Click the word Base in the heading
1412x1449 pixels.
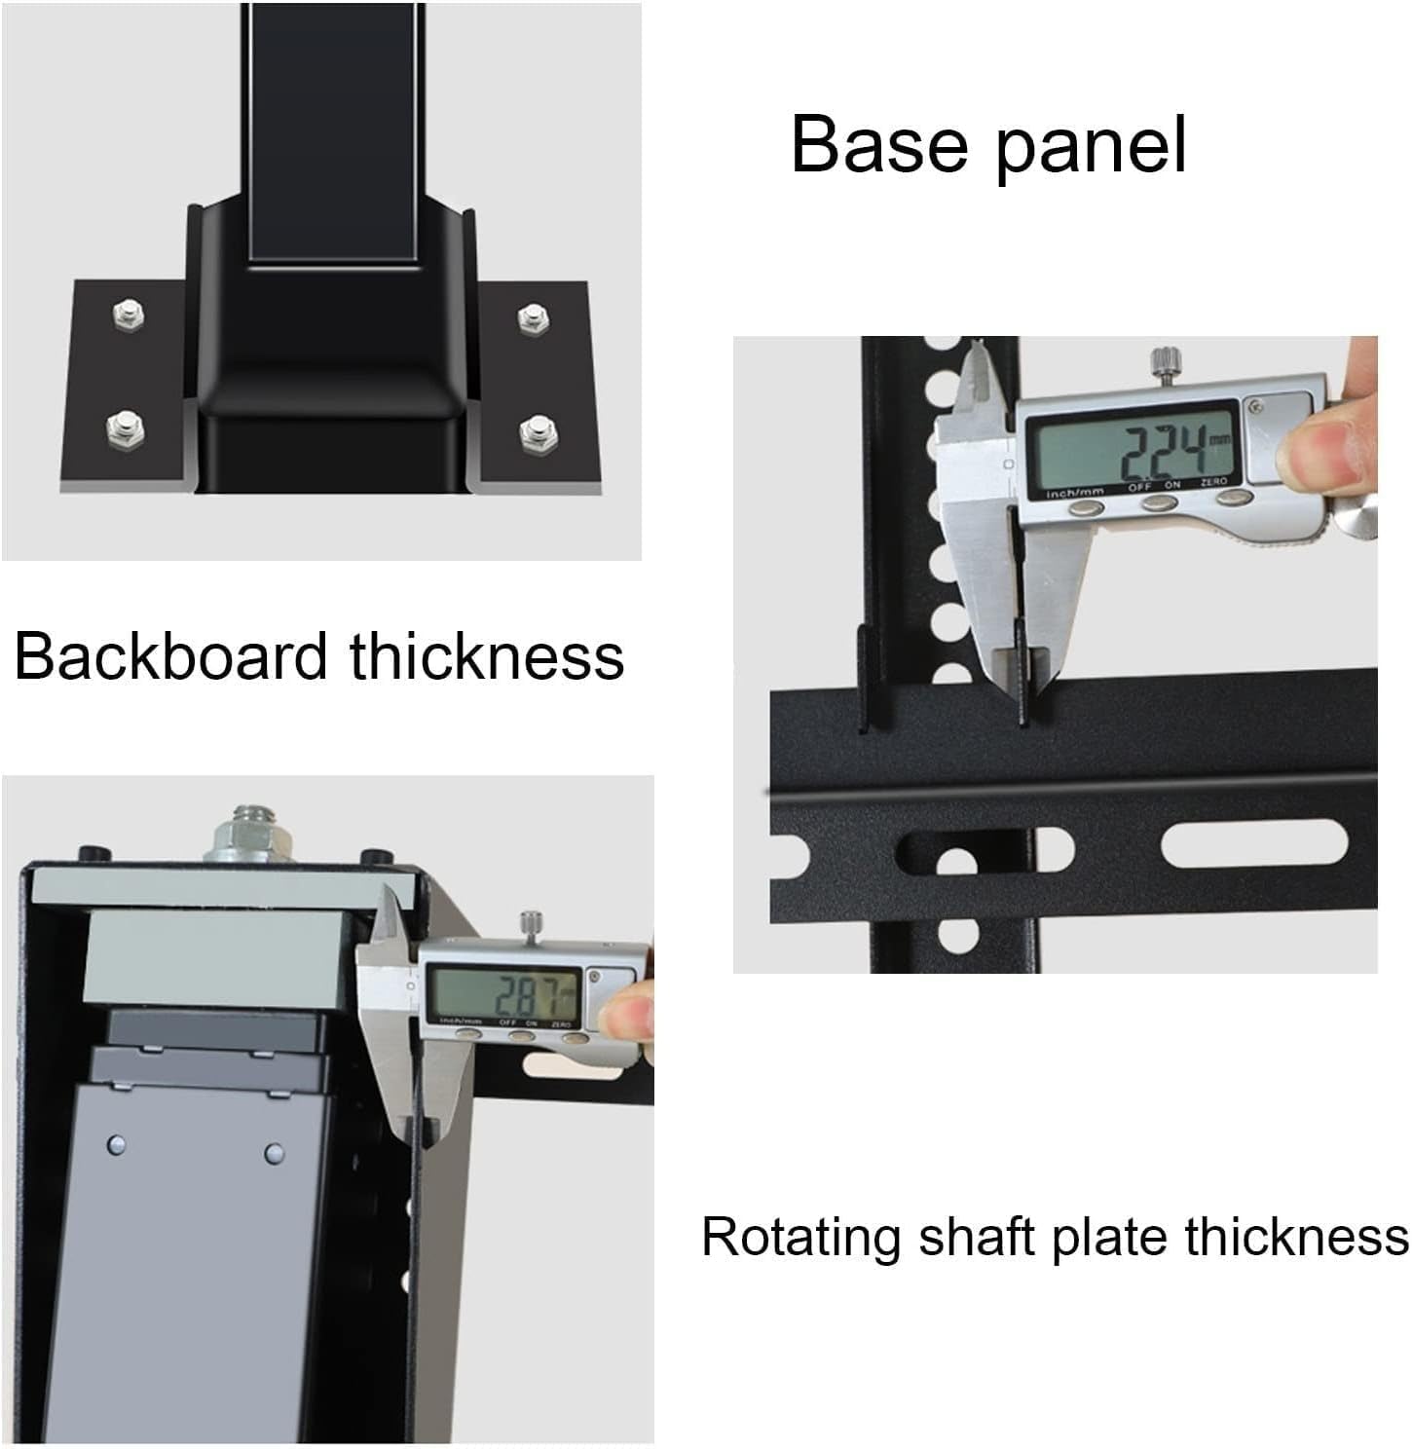point(880,145)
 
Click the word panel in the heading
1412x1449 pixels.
point(1090,148)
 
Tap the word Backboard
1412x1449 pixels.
point(171,655)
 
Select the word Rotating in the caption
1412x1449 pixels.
point(799,1238)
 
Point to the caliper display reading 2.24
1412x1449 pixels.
point(1133,446)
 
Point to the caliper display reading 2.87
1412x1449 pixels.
point(505,994)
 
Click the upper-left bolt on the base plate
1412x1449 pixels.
point(127,315)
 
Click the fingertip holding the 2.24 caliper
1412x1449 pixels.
point(1313,452)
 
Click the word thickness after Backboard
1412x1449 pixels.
point(487,655)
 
